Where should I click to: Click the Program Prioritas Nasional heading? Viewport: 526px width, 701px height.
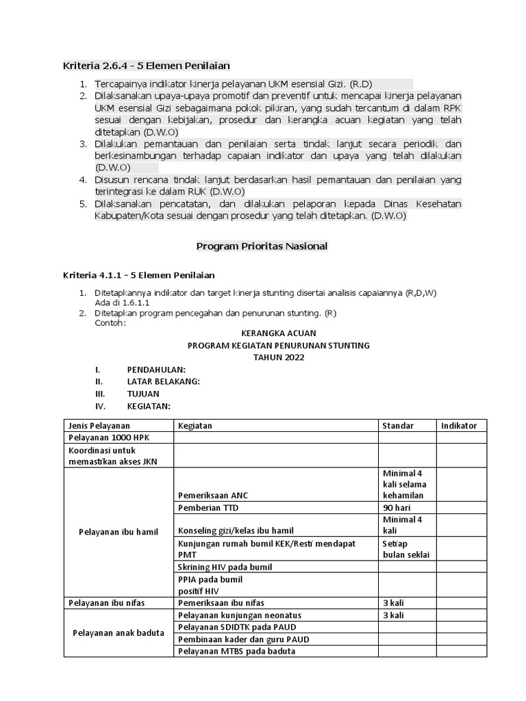pyautogui.click(x=262, y=246)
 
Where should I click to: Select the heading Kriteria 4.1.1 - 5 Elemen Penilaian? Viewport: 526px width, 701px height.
pyautogui.click(x=139, y=275)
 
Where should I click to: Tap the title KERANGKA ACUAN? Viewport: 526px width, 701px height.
pyautogui.click(x=279, y=333)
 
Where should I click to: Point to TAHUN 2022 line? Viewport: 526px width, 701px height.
pyautogui.click(x=279, y=357)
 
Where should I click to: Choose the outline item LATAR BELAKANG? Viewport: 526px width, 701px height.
pyautogui.click(x=163, y=381)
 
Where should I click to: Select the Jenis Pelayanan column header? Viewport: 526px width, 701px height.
pyautogui.click(x=99, y=426)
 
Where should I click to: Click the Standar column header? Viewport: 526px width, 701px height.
pyautogui.click(x=398, y=426)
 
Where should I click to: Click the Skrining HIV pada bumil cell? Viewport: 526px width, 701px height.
pyautogui.click(x=225, y=567)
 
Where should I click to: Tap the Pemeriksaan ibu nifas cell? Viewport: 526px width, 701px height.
pyautogui.click(x=221, y=603)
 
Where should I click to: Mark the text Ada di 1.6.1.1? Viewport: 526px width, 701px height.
pyautogui.click(x=122, y=302)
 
